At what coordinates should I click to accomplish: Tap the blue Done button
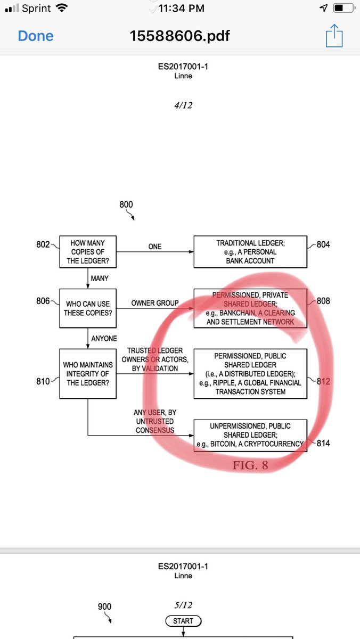36,36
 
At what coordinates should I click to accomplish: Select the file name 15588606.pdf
180,36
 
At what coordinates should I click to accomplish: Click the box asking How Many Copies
87,252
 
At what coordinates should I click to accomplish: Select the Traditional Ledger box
250,252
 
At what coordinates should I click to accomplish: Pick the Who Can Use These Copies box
87,308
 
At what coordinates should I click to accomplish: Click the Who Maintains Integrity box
87,373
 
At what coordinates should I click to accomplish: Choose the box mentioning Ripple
250,373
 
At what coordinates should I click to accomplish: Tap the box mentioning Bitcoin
250,435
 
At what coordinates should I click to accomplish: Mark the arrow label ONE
155,247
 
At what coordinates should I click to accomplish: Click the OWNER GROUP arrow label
155,303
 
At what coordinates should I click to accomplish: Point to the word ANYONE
104,338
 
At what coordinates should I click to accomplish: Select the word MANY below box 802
100,278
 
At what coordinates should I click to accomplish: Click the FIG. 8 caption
250,465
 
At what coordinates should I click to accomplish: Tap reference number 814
323,443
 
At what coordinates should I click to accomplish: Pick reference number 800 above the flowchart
126,204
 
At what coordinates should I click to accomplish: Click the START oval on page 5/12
183,621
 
